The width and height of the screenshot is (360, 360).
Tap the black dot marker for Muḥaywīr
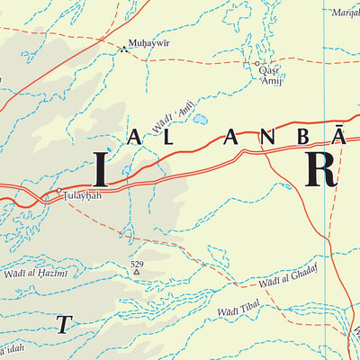point(122,50)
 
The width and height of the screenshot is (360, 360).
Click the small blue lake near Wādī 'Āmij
point(199,118)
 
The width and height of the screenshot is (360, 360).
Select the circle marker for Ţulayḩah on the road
point(59,191)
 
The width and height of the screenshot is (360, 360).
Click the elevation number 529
point(137,264)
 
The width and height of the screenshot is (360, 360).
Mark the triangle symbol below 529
point(137,272)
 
